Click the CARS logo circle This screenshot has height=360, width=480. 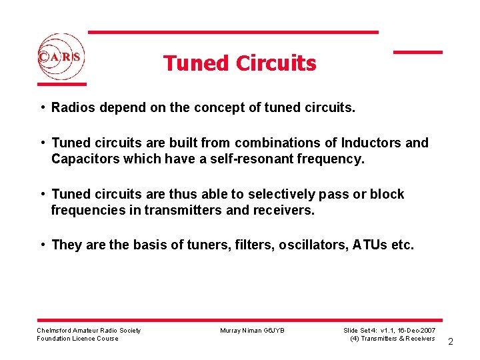click(61, 57)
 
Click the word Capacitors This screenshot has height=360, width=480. click(83, 159)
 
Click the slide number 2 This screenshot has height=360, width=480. click(451, 341)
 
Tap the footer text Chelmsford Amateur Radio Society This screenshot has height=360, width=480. click(89, 331)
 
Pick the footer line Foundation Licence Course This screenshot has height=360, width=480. click(78, 339)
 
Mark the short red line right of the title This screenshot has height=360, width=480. click(418, 52)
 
